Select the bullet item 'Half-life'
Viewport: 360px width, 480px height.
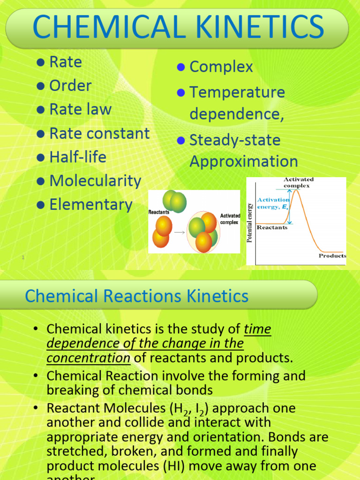pyautogui.click(x=78, y=157)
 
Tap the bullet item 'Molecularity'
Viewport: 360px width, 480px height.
pyautogui.click(x=95, y=181)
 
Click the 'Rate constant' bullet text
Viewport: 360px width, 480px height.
pyautogui.click(x=99, y=134)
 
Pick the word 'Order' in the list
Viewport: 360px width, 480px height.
pyautogui.click(x=70, y=86)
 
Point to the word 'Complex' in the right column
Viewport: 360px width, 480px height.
pyautogui.click(x=221, y=67)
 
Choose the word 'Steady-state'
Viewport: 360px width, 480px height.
pyautogui.click(x=235, y=140)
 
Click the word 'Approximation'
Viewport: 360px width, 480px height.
pyautogui.click(x=244, y=162)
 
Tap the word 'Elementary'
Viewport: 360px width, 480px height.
pyautogui.click(x=91, y=205)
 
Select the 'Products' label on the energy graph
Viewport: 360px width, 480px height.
pyautogui.click(x=332, y=256)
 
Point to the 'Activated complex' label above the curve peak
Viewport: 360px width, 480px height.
pyautogui.click(x=299, y=182)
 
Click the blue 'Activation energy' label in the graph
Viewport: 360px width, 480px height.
pyautogui.click(x=273, y=203)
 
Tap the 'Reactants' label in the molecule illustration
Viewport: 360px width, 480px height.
pyautogui.click(x=159, y=212)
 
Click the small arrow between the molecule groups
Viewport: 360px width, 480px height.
pyautogui.click(x=179, y=232)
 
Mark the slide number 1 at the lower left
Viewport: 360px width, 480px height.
pyautogui.click(x=22, y=257)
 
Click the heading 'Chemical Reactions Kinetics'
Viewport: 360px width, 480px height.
pyautogui.click(x=136, y=296)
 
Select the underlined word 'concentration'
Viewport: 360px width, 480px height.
pyautogui.click(x=89, y=358)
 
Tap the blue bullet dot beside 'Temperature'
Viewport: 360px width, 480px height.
pyautogui.click(x=181, y=92)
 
